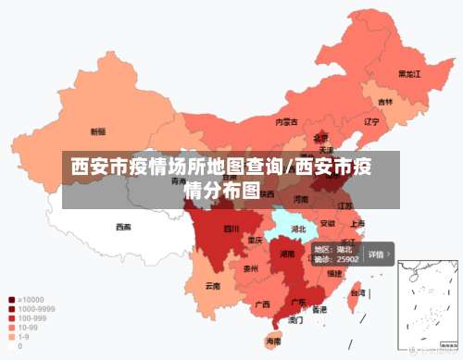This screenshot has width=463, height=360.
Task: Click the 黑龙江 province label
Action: point(409,73)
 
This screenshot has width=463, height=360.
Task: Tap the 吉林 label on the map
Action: point(384,102)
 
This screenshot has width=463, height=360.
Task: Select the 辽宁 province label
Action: point(372,121)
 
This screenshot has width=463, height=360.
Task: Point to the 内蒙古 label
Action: point(286,121)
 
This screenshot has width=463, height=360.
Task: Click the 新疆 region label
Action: point(97,131)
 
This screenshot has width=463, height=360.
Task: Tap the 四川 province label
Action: point(231,229)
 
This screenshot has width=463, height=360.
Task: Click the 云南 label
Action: point(213,286)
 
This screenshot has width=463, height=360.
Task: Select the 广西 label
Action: point(262,304)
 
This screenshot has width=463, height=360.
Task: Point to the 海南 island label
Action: point(274,341)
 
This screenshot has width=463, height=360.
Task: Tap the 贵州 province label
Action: point(251,269)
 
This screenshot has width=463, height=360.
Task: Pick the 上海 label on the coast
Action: point(357,223)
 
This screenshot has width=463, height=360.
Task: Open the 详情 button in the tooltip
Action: point(378,254)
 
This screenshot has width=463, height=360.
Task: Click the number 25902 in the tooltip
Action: point(348,260)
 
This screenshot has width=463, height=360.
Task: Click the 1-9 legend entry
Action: point(21,337)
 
